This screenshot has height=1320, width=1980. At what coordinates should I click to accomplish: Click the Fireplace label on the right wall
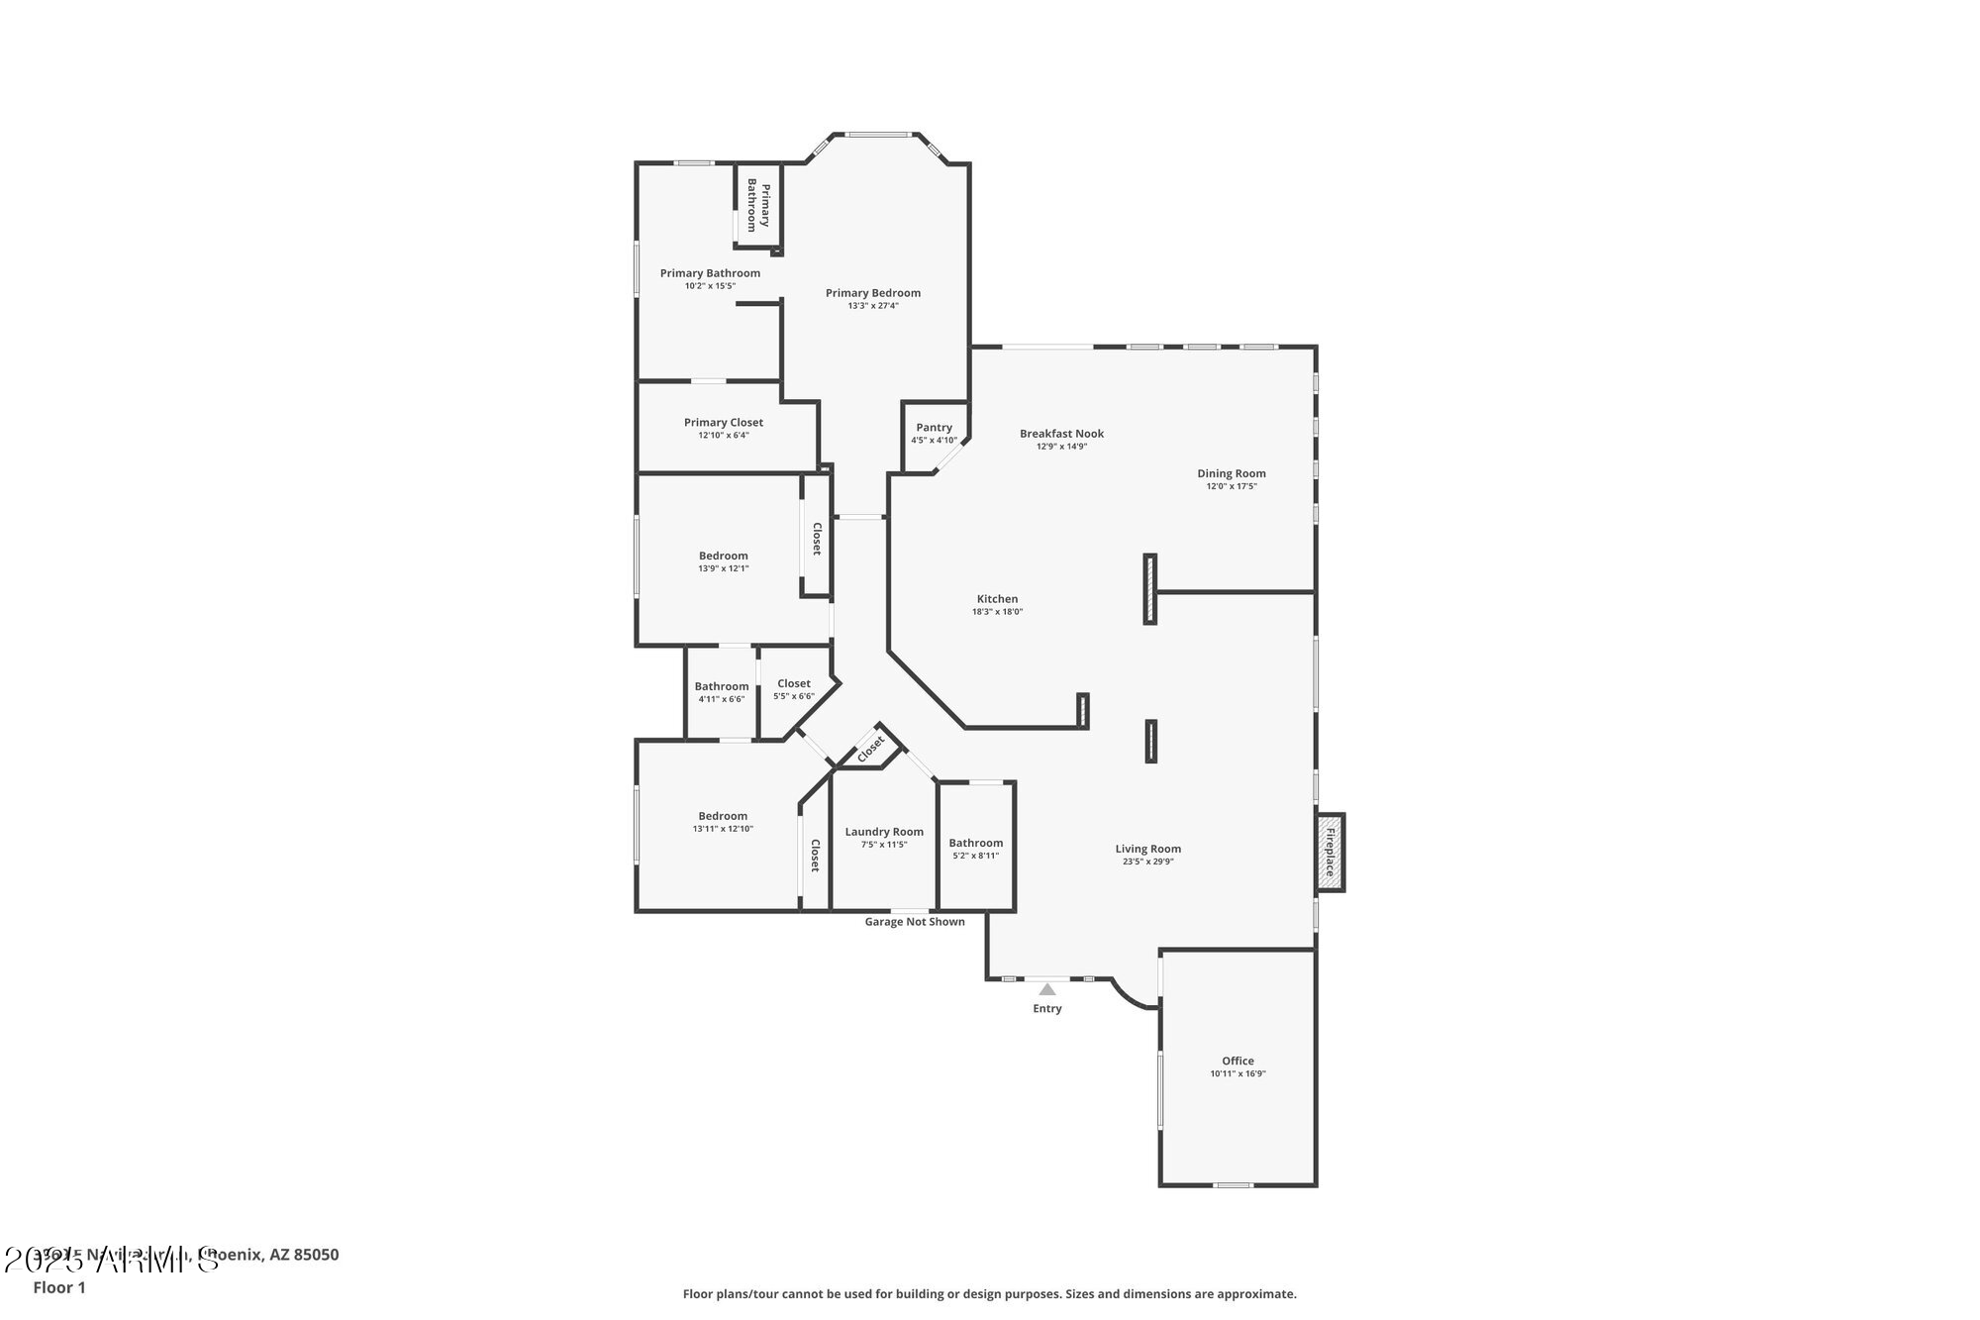(x=1330, y=853)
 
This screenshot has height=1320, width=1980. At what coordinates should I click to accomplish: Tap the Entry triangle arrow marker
(x=1047, y=989)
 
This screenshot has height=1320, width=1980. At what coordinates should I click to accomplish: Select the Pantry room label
(x=934, y=428)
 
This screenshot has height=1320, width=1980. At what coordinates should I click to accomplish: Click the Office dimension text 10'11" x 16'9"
(x=1237, y=1073)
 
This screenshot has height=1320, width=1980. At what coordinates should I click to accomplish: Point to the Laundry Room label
(x=884, y=832)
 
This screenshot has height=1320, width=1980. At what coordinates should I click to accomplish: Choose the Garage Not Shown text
(x=915, y=922)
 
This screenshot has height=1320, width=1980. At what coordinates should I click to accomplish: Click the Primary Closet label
(x=724, y=423)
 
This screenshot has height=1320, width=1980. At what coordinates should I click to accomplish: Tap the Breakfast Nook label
(x=1061, y=434)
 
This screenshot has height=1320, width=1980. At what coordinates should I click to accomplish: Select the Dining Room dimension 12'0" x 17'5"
(x=1232, y=486)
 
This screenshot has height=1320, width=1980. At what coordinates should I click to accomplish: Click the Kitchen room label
(x=997, y=599)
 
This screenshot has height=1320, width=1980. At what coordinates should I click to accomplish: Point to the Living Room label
(x=1147, y=849)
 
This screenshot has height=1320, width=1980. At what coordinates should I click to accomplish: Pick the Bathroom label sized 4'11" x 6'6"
(x=722, y=686)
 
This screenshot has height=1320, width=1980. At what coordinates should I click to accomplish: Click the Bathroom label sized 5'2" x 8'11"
(x=976, y=843)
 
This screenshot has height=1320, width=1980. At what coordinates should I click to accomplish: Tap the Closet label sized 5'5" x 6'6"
(x=794, y=683)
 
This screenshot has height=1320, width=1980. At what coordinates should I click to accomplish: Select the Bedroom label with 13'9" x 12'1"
(x=724, y=556)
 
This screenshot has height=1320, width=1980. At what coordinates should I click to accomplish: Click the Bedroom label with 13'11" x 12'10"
(x=723, y=816)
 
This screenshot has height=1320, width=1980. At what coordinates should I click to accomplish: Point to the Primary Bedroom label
(x=873, y=293)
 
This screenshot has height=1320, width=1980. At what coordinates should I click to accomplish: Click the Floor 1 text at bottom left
(x=59, y=1287)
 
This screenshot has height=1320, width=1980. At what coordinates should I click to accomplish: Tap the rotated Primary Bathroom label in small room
(x=758, y=206)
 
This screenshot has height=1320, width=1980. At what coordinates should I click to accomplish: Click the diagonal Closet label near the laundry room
(x=870, y=750)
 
